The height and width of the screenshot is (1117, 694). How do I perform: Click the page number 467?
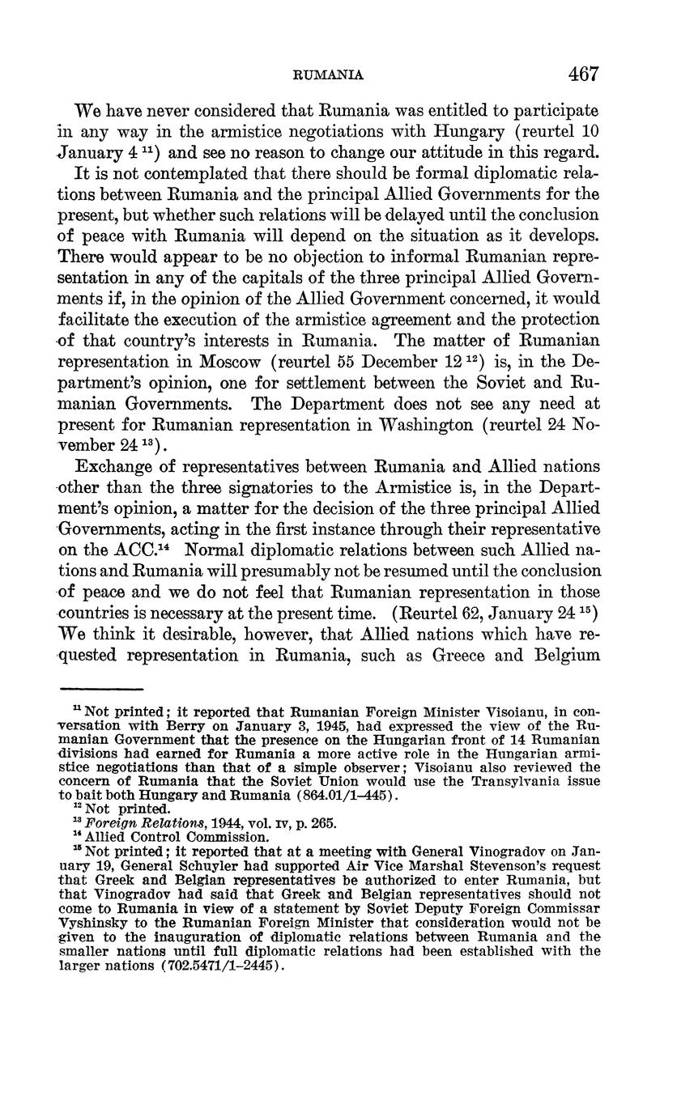pos(583,74)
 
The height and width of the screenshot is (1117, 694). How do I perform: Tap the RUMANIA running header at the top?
pos(327,75)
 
